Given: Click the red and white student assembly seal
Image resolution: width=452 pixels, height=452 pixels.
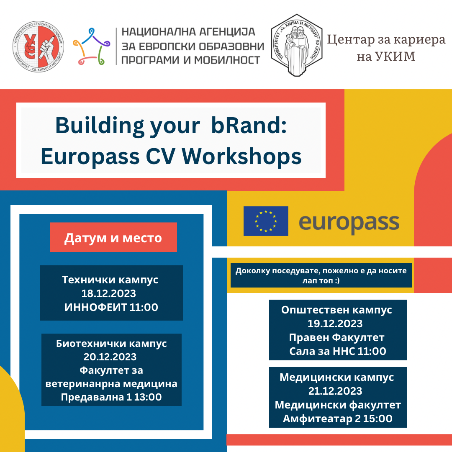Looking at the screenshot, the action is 38,46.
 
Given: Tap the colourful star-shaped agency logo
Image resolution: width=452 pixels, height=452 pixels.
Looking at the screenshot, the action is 91,46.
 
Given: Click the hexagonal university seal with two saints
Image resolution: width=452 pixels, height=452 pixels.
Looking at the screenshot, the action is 297,45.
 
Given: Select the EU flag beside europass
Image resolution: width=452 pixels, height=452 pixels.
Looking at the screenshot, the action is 266,221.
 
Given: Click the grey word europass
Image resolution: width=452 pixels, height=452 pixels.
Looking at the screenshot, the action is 349,223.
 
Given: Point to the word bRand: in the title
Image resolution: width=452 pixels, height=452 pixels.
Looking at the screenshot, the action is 249,126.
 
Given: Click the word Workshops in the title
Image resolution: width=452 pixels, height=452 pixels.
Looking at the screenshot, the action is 241,157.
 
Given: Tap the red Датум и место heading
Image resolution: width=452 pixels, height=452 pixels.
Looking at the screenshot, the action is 113,237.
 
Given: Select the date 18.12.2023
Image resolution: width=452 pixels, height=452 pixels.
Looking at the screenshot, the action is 109,293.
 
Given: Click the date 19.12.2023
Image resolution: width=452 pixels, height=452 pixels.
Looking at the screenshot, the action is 335,324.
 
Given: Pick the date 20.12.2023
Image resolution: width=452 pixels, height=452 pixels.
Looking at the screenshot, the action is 110,357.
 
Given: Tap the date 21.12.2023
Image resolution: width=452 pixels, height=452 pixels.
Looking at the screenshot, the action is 335,391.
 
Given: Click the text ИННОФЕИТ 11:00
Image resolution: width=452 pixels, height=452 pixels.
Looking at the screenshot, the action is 111,307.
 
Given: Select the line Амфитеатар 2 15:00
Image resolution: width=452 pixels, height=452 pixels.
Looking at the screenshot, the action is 338,419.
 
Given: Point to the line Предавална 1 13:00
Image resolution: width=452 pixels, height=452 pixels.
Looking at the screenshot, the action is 111,397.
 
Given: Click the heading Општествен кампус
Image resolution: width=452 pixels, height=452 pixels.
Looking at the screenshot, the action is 336,310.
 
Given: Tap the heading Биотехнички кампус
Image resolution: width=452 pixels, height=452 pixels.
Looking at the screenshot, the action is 111,344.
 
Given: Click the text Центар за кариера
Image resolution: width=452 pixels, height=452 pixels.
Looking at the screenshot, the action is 386,40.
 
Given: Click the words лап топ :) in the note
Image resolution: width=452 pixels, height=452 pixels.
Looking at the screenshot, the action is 321,280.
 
